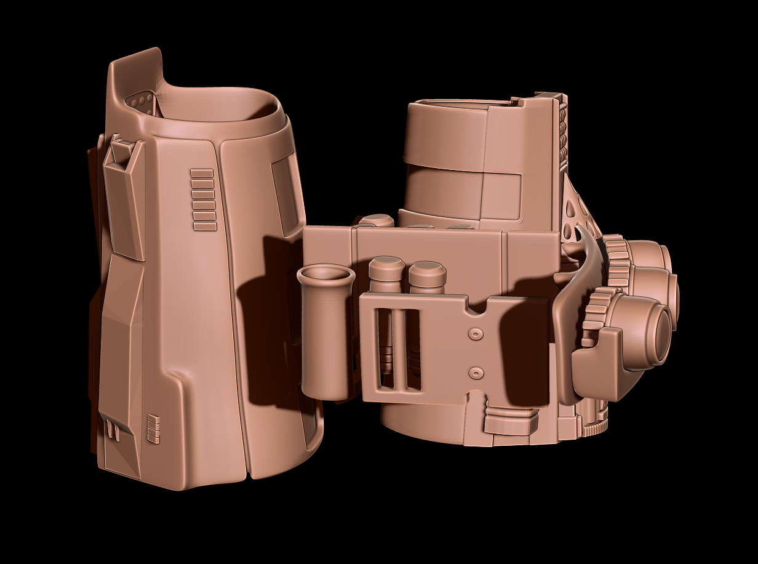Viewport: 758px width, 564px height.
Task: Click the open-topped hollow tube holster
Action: [x=325, y=332]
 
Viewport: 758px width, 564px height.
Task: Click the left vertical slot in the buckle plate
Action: [x=386, y=348]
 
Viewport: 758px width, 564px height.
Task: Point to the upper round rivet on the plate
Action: [x=474, y=333]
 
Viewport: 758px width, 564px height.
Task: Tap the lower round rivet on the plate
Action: [x=474, y=373]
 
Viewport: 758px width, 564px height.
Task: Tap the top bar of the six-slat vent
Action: [x=202, y=173]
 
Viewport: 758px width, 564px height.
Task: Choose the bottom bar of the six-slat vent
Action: [x=205, y=227]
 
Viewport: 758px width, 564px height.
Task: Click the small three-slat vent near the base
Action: [x=153, y=429]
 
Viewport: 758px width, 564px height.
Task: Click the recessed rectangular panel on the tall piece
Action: [x=287, y=191]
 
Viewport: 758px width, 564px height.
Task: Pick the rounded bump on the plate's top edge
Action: [x=376, y=220]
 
